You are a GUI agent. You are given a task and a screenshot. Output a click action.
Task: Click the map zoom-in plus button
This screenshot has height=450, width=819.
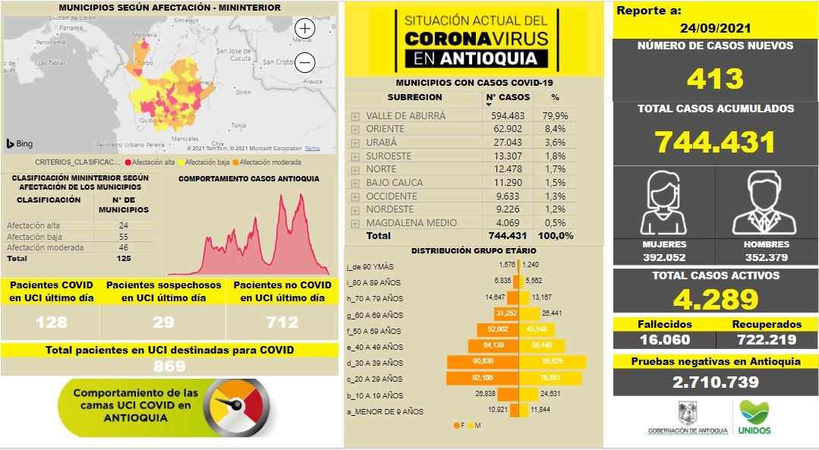(304, 29)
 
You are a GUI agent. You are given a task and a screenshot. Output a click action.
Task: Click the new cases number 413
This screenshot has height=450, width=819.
(715, 78)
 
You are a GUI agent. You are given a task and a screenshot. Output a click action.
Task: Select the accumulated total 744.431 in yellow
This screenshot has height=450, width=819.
(715, 142)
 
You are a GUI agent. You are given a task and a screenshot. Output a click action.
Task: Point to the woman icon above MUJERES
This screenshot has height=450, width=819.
(663, 203)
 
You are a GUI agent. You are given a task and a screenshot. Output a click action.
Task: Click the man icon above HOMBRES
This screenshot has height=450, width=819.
(766, 203)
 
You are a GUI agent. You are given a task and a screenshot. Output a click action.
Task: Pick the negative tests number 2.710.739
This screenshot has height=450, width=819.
(715, 382)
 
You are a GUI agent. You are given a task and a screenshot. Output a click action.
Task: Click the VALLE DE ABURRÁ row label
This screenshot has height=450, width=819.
(405, 116)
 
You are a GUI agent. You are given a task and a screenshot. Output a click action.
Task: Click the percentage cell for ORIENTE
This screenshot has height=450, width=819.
(554, 129)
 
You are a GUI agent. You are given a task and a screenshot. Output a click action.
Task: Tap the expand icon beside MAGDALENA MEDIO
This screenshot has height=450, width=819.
(355, 223)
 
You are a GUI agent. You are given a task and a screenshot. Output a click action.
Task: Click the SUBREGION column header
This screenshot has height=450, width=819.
(414, 98)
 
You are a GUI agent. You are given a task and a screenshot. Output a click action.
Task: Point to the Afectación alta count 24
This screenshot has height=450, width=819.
(123, 225)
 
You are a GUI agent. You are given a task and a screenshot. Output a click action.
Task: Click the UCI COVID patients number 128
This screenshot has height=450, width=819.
(52, 322)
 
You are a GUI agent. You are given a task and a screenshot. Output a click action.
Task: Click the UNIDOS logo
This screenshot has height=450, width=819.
(754, 418)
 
